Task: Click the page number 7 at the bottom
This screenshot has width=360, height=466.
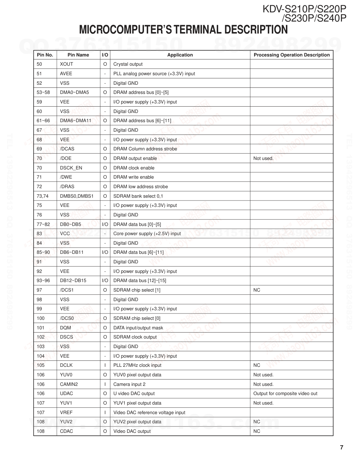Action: [341, 448]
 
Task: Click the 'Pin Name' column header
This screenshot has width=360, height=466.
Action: [78, 55]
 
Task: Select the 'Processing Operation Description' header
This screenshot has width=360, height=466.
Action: [292, 55]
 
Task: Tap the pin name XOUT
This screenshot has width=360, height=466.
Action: [66, 64]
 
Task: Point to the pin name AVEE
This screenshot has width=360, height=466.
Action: [66, 73]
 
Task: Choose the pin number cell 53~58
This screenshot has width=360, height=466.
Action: [43, 92]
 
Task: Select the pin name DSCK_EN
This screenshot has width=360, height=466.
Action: [71, 168]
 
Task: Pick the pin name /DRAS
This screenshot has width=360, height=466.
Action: [67, 186]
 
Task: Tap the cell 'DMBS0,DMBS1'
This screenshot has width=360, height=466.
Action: [77, 196]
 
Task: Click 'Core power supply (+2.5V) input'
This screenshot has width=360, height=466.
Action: [147, 233]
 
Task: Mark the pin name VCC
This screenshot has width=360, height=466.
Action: [65, 233]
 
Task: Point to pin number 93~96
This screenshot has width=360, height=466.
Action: [43, 281]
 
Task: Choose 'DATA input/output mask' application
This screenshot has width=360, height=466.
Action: [138, 328]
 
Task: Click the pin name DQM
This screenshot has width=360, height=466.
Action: [65, 328]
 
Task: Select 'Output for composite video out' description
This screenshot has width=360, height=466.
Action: [285, 393]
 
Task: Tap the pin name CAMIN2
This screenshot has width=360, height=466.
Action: [69, 384]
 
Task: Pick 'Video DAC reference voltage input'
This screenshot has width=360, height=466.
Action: [149, 412]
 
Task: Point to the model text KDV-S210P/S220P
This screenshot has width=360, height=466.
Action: [304, 9]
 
